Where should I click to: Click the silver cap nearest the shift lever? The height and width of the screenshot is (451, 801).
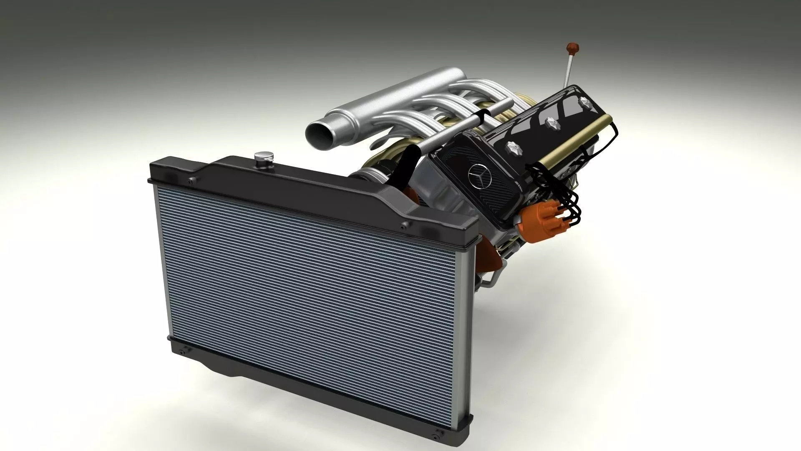coord(583,102)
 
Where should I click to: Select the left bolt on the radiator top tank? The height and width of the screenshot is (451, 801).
coord(191,180)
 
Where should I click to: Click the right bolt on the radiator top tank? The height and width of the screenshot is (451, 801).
coord(403,226)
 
